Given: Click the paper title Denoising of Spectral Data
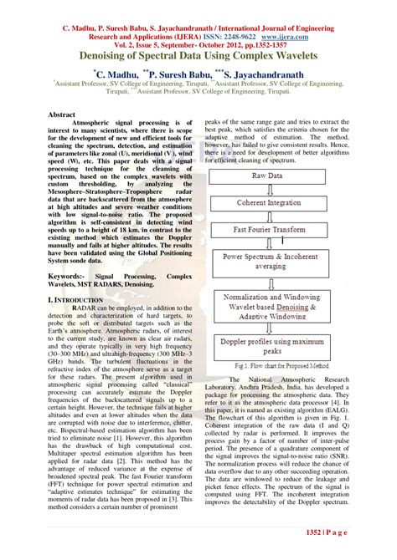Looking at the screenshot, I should pos(198,54).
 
